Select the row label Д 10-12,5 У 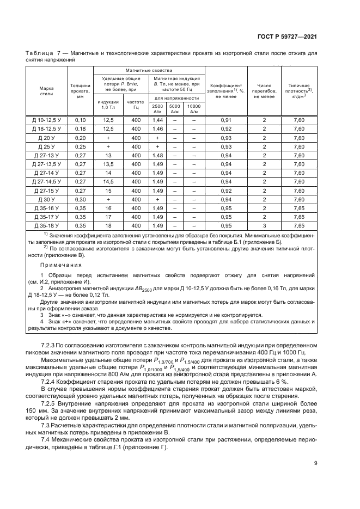(47, 120)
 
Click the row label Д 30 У (47, 200)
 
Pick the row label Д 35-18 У (47, 226)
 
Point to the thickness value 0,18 (80, 128)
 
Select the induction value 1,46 (158, 128)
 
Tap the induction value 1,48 (158, 155)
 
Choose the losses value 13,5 (108, 164)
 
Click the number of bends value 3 (264, 226)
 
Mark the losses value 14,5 (108, 182)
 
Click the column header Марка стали (47, 90)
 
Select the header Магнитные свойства (149, 71)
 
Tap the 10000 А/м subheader (193, 108)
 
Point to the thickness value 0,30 (80, 200)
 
